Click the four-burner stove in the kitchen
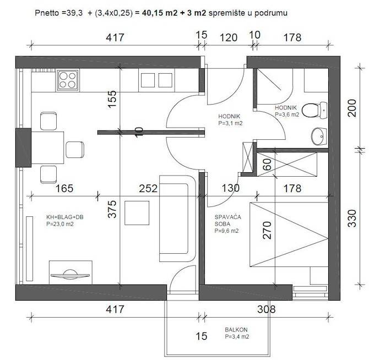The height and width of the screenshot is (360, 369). pyautogui.click(x=68, y=80)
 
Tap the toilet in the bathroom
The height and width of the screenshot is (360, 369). pyautogui.click(x=314, y=110)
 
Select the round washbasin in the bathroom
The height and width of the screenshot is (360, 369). pyautogui.click(x=319, y=137)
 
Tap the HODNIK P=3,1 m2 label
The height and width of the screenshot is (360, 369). pyautogui.click(x=230, y=119)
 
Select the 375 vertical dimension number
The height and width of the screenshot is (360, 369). pyautogui.click(x=112, y=209)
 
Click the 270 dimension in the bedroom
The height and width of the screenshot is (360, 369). pyautogui.click(x=267, y=230)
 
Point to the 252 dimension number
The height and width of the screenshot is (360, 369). pyautogui.click(x=148, y=188)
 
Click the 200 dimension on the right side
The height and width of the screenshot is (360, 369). pyautogui.click(x=352, y=108)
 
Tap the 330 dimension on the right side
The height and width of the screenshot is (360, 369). pyautogui.click(x=352, y=218)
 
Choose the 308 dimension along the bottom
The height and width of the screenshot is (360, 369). pyautogui.click(x=266, y=309)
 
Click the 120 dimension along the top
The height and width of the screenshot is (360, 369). pyautogui.click(x=229, y=37)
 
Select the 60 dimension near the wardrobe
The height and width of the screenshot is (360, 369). pyautogui.click(x=267, y=165)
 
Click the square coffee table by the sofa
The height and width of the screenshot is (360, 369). pyautogui.click(x=137, y=213)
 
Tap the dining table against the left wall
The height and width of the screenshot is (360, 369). pyautogui.click(x=47, y=148)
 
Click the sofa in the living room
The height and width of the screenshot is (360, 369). pyautogui.click(x=177, y=219)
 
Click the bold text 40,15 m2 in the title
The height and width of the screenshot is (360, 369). pyautogui.click(x=160, y=13)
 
